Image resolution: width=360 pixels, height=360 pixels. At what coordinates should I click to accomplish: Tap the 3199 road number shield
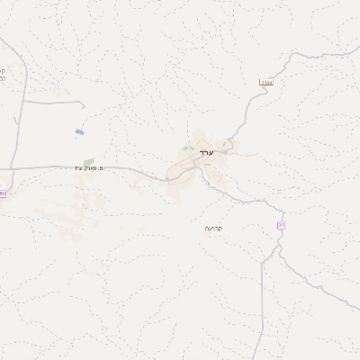(265, 83)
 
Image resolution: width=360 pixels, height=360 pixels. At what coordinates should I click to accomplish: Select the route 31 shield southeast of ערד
(281, 224)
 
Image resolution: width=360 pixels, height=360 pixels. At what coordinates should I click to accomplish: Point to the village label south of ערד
(214, 229)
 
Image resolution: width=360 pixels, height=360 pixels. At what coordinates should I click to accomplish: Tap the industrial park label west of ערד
(90, 168)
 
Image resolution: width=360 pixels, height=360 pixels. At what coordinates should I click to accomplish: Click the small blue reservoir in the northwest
(80, 134)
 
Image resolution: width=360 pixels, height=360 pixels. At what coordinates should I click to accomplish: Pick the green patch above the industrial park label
(88, 162)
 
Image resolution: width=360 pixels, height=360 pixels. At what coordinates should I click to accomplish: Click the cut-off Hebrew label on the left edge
(3, 76)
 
